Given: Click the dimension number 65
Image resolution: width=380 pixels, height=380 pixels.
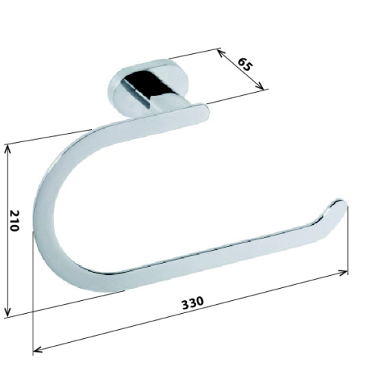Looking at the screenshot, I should click(245, 65).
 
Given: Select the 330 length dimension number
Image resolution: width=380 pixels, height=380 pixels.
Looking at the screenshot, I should click(192, 302).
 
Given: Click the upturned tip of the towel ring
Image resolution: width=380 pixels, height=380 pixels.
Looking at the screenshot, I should click(339, 207).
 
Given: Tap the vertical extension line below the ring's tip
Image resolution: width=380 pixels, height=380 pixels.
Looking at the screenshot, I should click(347, 243).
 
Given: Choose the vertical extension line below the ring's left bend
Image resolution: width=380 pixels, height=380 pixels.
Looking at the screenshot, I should click(34, 304).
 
